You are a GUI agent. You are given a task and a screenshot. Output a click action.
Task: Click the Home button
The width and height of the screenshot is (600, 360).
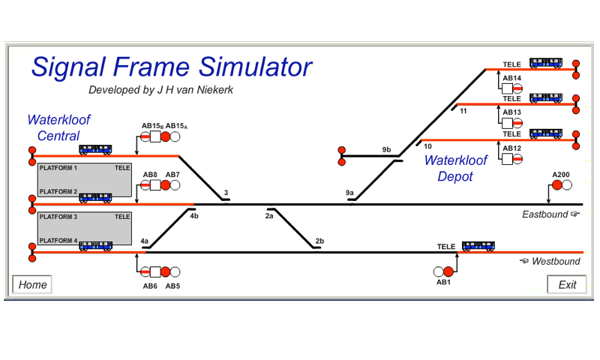click(33, 285)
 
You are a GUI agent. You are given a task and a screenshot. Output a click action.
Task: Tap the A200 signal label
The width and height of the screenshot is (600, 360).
click(561, 175)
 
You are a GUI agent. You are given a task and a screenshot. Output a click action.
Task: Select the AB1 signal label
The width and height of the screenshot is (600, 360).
click(443, 282)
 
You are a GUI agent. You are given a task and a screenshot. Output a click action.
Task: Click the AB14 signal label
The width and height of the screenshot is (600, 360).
click(512, 78)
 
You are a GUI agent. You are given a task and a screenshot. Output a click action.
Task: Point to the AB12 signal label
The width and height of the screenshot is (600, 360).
click(512, 148)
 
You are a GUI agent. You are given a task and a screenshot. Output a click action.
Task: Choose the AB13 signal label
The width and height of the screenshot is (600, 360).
click(512, 112)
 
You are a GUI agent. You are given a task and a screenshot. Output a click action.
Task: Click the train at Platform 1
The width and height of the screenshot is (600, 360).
click(96, 149)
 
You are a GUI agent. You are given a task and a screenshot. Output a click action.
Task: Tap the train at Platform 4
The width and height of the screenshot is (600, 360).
click(96, 245)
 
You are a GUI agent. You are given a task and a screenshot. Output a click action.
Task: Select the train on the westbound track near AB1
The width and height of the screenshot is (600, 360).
click(478, 245)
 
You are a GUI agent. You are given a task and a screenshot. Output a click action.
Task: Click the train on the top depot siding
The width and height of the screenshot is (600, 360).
click(546, 63)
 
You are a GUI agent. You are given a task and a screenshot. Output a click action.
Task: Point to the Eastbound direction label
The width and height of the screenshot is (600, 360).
click(547, 214)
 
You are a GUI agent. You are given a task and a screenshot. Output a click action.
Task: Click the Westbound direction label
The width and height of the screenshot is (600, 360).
click(556, 261)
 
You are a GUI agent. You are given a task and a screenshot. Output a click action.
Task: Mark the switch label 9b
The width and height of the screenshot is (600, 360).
click(386, 149)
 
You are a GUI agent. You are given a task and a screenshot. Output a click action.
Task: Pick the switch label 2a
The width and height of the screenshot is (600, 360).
click(269, 216)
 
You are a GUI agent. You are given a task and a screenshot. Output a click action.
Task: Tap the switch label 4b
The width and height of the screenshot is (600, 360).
click(194, 216)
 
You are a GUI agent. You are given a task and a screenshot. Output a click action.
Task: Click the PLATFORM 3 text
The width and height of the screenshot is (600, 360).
click(58, 217)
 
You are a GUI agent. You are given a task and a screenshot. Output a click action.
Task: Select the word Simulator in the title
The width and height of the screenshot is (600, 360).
click(255, 67)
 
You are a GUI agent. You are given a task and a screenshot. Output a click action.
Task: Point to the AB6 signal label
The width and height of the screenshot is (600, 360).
click(150, 286)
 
